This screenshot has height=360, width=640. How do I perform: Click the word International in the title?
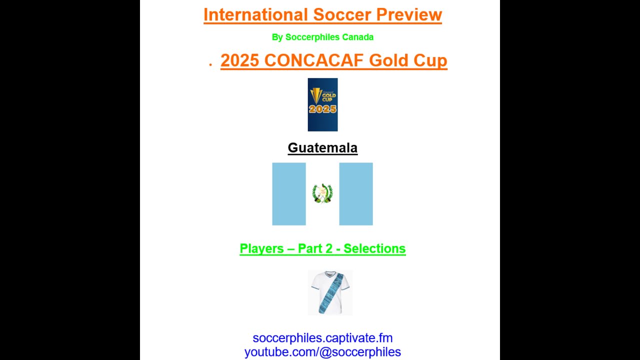(255, 14)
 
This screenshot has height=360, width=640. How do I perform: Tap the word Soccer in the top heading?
(342, 14)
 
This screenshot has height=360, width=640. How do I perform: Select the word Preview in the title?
(409, 14)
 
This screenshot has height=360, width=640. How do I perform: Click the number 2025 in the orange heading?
(239, 60)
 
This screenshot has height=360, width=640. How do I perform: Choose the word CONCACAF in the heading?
(313, 60)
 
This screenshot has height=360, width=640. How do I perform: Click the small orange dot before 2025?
(210, 65)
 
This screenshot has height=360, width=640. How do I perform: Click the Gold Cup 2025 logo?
(322, 104)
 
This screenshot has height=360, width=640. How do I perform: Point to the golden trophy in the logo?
(316, 95)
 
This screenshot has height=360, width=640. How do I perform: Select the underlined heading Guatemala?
(322, 147)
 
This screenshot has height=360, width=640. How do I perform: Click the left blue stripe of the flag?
(289, 194)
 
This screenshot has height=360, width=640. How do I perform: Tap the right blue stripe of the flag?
(356, 194)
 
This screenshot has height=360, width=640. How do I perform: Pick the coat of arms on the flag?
(322, 193)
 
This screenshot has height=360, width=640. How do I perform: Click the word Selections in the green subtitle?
(374, 248)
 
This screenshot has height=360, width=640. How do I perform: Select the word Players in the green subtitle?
(261, 248)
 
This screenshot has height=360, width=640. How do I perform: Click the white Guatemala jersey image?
(330, 292)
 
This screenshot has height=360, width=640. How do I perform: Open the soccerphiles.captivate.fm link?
(322, 338)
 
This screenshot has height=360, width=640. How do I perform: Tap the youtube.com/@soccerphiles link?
(322, 352)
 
